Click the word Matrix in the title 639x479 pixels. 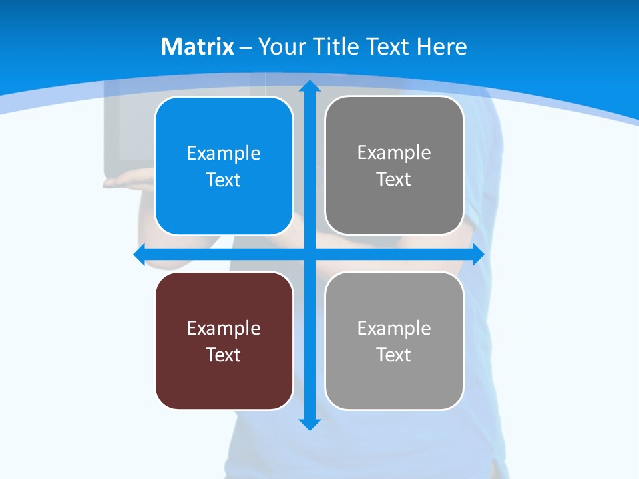point(198,47)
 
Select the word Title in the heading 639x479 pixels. point(337,47)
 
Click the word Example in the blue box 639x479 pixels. point(224,154)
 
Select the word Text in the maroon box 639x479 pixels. point(224,355)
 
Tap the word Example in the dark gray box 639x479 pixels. point(394,153)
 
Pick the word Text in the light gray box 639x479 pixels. point(394,355)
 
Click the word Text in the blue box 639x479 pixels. point(224,180)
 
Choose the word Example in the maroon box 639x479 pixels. point(224,329)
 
